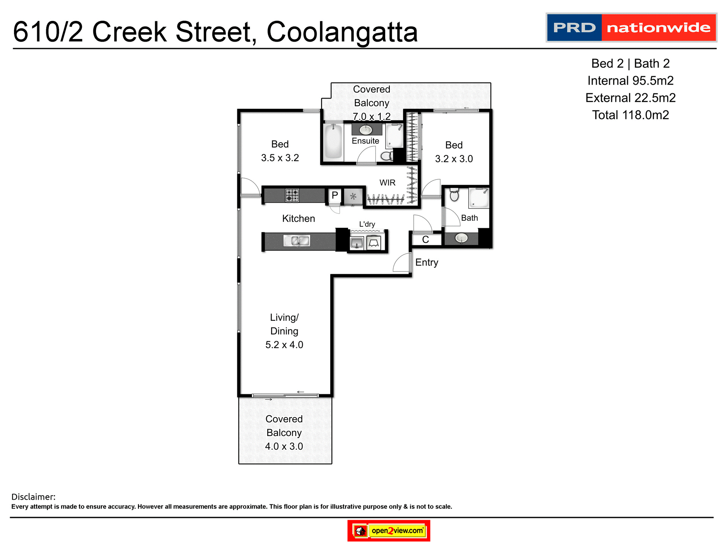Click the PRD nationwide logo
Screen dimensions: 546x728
(x=631, y=28)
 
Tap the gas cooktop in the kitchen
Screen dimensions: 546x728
(x=292, y=195)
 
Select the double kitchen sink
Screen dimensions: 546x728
(x=297, y=240)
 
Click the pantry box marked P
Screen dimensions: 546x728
(x=334, y=196)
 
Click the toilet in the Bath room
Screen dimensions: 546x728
(x=454, y=195)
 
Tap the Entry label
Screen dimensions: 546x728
(x=427, y=262)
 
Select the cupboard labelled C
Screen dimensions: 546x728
(x=425, y=240)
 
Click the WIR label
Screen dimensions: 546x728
(x=387, y=183)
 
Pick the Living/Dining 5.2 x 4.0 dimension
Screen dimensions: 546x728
(x=284, y=345)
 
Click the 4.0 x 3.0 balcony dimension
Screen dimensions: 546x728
(x=284, y=446)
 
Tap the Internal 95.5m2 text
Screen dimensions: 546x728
(x=630, y=81)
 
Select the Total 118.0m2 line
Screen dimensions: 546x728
(x=630, y=115)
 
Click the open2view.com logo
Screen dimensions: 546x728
(x=389, y=530)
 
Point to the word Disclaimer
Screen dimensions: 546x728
(x=33, y=497)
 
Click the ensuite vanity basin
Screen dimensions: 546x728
(x=366, y=130)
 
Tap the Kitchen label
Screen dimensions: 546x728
(x=298, y=219)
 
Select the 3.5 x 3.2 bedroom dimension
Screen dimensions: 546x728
(x=280, y=158)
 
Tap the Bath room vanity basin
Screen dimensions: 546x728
(x=461, y=238)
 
